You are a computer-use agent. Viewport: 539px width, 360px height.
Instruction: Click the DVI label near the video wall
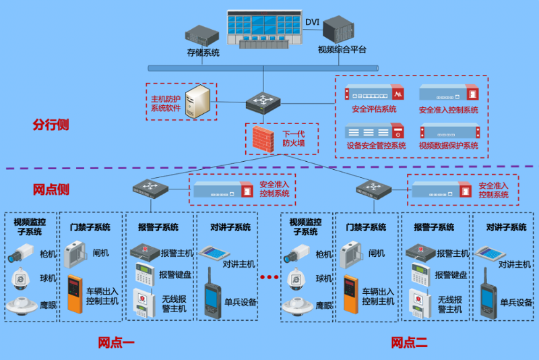[313, 22]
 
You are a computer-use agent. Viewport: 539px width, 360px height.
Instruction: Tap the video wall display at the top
[265, 28]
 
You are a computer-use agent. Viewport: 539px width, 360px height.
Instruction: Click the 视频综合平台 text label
[342, 50]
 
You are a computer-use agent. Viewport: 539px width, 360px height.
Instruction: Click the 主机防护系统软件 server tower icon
[199, 102]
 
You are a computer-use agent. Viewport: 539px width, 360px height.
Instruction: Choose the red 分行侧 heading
[51, 125]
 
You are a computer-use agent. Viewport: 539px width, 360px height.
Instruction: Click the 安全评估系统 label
[374, 110]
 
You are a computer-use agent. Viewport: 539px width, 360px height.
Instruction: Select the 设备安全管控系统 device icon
[374, 131]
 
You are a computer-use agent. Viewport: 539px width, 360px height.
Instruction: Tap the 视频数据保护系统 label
[449, 146]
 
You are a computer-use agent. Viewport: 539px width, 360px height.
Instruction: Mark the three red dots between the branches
[270, 277]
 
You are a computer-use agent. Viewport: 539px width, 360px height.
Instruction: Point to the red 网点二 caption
[409, 343]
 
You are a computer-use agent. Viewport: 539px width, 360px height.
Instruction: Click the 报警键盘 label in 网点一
[175, 275]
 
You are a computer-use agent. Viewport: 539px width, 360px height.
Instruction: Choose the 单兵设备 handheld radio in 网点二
[488, 301]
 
